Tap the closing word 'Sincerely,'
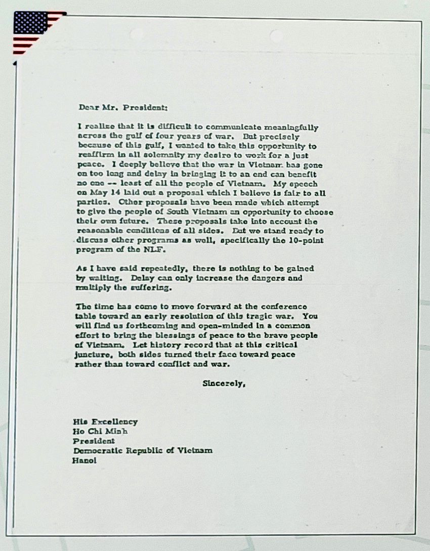tap(224, 383)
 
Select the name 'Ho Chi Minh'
tap(100, 431)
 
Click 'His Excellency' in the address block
tap(105, 421)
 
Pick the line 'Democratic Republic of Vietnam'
tap(143, 450)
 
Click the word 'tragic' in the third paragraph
tap(260, 316)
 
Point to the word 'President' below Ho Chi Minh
tap(94, 441)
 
